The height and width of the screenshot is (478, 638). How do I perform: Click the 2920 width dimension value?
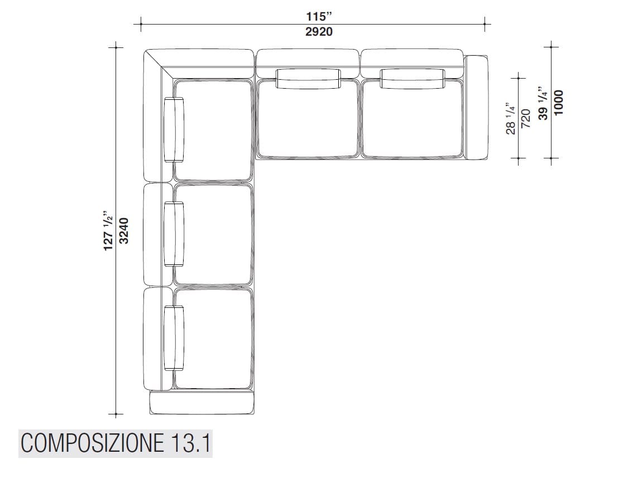click(x=319, y=32)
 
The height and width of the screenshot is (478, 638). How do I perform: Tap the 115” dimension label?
click(x=319, y=16)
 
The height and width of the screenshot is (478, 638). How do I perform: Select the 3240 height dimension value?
click(x=124, y=230)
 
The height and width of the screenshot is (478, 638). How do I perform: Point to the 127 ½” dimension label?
click(x=109, y=230)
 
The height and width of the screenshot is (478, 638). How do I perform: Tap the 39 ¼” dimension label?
click(x=543, y=103)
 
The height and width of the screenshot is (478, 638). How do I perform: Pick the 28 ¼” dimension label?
click(x=510, y=118)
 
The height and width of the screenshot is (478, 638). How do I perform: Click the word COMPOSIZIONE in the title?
click(x=92, y=443)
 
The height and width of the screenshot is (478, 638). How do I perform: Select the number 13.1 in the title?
click(x=190, y=443)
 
